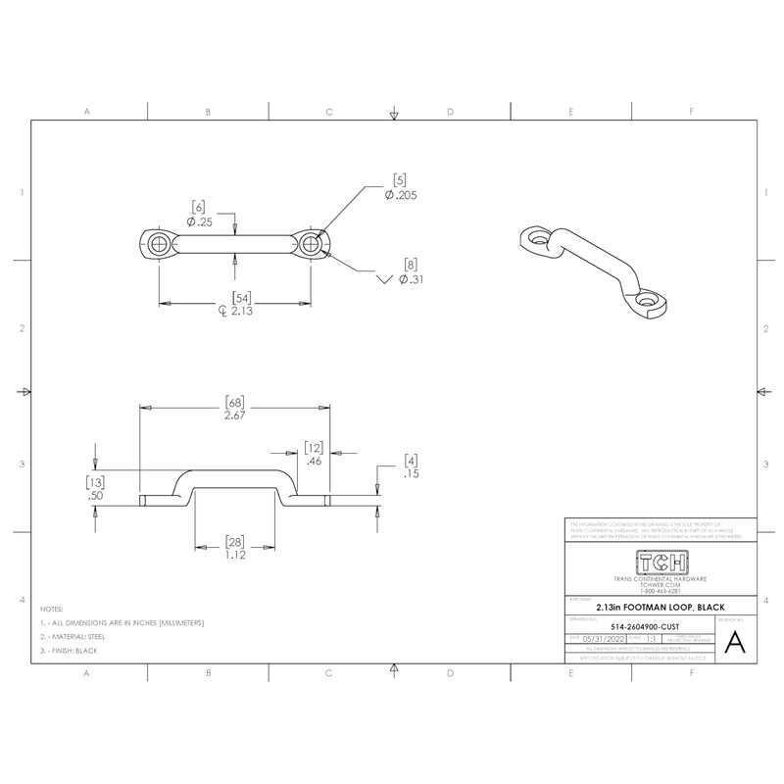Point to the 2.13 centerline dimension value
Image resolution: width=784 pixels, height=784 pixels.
tap(236, 312)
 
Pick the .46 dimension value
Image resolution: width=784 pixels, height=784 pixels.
tap(315, 460)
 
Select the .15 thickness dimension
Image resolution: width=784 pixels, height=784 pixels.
tap(412, 473)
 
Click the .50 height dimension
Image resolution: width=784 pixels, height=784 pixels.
tap(95, 496)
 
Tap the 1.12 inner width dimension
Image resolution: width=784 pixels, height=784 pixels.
tap(234, 555)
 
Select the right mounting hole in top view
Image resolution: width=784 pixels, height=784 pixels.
tap(312, 242)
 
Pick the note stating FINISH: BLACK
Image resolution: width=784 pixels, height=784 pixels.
tap(75, 652)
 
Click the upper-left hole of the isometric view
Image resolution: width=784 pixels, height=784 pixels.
tap(536, 238)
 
